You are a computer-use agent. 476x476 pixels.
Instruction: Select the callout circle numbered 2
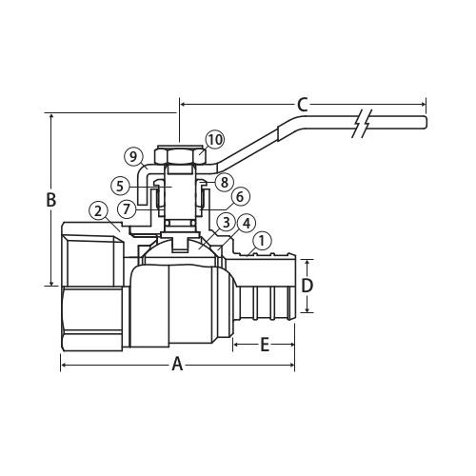pyautogui.click(x=97, y=209)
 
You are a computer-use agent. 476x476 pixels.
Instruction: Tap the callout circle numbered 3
pyautogui.click(x=226, y=222)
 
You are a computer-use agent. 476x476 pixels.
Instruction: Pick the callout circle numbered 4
pyautogui.click(x=247, y=223)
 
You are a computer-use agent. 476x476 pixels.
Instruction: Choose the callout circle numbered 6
pyautogui.click(x=240, y=196)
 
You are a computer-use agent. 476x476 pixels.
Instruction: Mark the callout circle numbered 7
pyautogui.click(x=127, y=208)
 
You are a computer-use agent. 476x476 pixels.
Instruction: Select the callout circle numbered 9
pyautogui.click(x=133, y=156)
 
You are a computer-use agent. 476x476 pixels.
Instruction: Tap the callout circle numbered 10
pyautogui.click(x=214, y=139)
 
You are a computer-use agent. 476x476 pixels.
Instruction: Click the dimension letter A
pyautogui.click(x=177, y=365)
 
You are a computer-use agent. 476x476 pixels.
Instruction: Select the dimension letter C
pyautogui.click(x=303, y=104)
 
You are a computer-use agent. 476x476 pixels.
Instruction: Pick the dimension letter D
pyautogui.click(x=307, y=286)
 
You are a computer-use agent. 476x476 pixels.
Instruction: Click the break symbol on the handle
pyautogui.click(x=360, y=124)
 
